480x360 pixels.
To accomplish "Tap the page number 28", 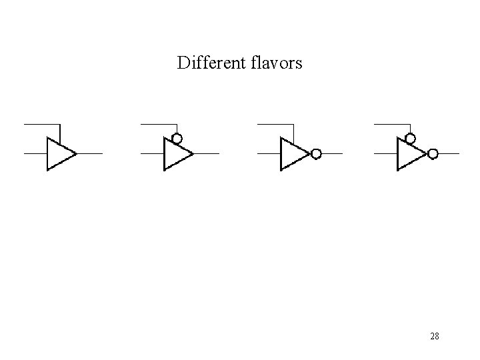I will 434,336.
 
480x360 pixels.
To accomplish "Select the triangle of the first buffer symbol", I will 59,154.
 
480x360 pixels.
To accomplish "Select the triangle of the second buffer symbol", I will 175,154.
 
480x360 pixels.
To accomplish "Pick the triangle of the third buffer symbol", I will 292,154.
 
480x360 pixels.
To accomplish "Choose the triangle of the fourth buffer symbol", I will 409,154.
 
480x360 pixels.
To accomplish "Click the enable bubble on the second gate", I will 177,139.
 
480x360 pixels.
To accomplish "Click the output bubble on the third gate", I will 316,154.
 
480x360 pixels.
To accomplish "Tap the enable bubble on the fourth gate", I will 411,139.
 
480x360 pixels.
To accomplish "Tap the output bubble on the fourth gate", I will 433,154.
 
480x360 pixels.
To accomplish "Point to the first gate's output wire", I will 90,153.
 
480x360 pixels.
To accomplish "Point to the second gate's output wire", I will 207,153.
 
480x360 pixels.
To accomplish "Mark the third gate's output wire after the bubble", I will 331,153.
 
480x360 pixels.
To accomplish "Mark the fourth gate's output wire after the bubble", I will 448,153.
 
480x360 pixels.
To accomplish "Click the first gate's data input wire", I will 35,153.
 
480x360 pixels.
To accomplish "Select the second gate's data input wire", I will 151,153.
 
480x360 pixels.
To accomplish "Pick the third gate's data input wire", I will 268,153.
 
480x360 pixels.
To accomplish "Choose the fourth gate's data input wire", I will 385,153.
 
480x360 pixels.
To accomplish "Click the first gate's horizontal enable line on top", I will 41,124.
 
